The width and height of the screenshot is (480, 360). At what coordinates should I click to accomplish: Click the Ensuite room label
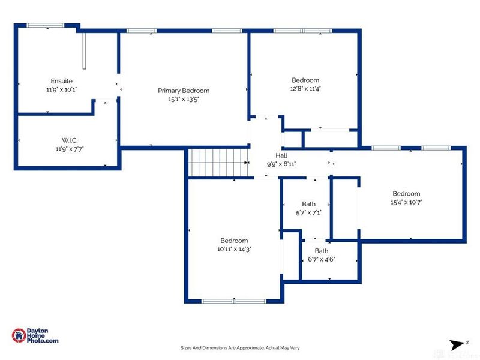click(61, 80)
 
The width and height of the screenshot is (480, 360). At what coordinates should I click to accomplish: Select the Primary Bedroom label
click(184, 91)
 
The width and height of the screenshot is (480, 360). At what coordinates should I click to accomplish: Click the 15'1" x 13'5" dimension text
click(184, 100)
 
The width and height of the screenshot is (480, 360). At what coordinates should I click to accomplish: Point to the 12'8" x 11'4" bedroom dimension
click(305, 89)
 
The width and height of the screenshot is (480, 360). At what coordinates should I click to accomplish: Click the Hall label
click(281, 155)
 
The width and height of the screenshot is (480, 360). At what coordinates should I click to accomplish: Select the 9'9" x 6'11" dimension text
click(281, 163)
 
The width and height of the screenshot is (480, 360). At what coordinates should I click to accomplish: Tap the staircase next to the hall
click(218, 163)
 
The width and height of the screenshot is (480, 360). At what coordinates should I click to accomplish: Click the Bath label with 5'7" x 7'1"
click(308, 204)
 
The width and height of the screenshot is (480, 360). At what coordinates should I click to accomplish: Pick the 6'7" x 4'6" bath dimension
click(322, 259)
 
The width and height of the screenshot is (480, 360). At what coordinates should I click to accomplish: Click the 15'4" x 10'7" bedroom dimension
click(406, 202)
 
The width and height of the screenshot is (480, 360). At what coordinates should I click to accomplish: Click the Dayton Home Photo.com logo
click(36, 336)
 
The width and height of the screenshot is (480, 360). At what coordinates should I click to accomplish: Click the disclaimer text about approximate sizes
click(240, 347)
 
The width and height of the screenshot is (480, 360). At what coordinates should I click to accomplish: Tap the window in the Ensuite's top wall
click(46, 25)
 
